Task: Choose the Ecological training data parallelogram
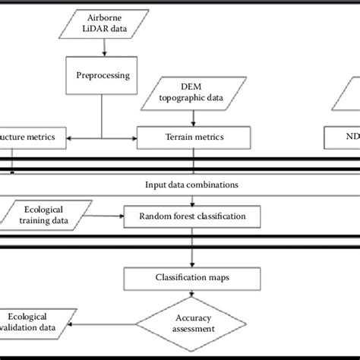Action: click(x=45, y=216)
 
